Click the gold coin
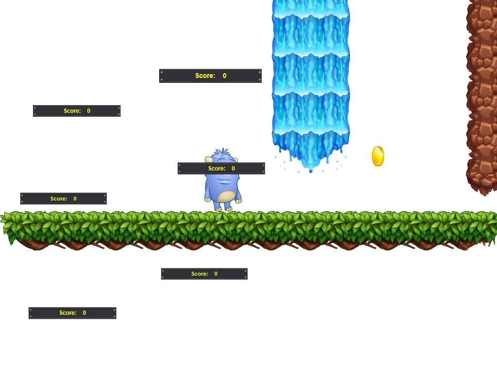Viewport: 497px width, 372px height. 378,156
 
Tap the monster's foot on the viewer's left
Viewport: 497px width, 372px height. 218,208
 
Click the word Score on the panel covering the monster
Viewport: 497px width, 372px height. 216,169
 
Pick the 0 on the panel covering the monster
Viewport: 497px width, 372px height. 233,169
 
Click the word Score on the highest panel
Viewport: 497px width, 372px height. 205,76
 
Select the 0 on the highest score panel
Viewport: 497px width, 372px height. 224,76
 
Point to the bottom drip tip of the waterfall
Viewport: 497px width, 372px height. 311,171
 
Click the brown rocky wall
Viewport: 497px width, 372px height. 481,96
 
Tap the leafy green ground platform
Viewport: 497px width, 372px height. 248,230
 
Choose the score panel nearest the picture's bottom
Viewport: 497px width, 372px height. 73,313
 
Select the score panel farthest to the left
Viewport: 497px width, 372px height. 64,199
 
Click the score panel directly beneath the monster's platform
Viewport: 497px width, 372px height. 204,274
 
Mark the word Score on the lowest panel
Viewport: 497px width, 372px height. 68,313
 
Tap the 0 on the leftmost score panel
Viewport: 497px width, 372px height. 75,199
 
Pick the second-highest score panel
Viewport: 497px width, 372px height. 77,111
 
